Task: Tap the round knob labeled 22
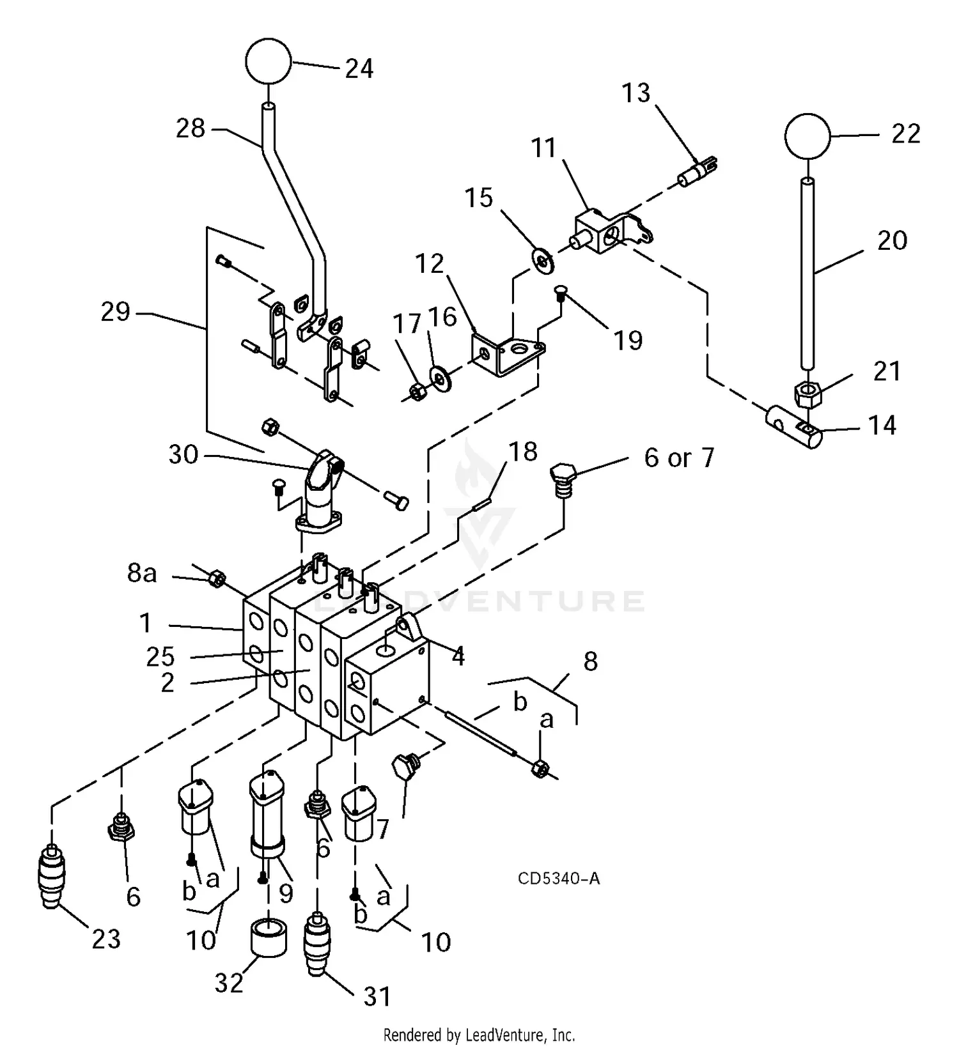tap(807, 136)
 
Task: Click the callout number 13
tap(635, 93)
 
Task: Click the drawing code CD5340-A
tap(558, 879)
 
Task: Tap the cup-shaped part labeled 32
tap(267, 937)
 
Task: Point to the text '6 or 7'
tap(678, 458)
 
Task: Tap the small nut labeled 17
tap(417, 392)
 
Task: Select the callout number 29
tap(115, 312)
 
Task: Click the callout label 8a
tap(141, 573)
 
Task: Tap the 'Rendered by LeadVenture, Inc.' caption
tap(479, 1034)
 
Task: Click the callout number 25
tap(160, 656)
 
